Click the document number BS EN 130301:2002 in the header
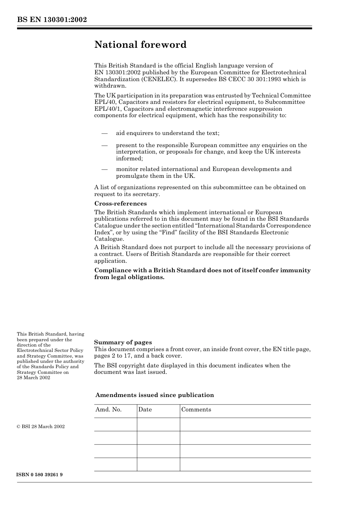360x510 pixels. tap(52, 20)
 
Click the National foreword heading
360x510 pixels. tap(140, 45)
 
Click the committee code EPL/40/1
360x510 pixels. tap(106, 109)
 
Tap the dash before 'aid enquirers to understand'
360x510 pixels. tap(104, 133)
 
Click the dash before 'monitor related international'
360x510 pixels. tap(104, 169)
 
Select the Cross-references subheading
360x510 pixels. tap(121, 204)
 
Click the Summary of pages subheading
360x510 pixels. tap(123, 342)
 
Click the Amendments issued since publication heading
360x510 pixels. tap(155, 395)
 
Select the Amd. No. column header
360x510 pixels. tap(108, 410)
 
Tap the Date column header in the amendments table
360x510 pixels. tap(145, 410)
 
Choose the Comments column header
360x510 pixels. tap(196, 410)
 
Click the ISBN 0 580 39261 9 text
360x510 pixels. tap(40, 475)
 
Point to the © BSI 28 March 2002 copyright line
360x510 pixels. tap(41, 427)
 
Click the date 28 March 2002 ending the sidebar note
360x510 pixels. tap(33, 378)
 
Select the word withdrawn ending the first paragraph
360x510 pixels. tap(110, 86)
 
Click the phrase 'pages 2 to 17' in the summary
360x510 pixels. tap(112, 356)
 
